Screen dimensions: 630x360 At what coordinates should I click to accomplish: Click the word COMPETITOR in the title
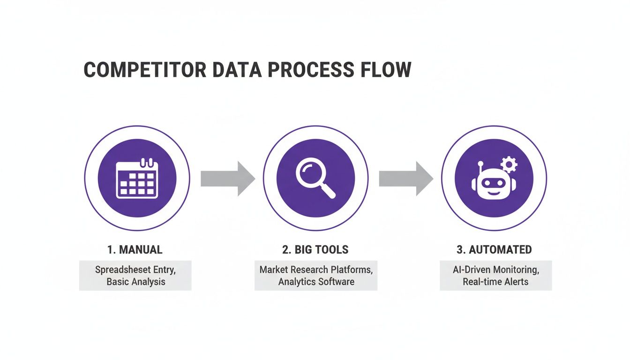coord(145,69)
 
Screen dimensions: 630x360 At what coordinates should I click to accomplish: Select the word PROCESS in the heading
coord(311,69)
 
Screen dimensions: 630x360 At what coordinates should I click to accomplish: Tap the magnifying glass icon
coord(315,178)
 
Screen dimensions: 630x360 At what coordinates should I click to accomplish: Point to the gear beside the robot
coord(509,165)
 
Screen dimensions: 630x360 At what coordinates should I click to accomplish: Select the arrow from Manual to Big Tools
coord(228,179)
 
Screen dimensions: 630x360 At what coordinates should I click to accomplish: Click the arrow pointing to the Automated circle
coord(406,179)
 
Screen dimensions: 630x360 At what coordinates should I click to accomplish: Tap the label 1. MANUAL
coord(135,249)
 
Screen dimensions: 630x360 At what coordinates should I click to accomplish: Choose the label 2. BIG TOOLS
coord(315,249)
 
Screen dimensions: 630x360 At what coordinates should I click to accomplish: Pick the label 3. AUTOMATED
coord(494,249)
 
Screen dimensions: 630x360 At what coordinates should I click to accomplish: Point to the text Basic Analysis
coord(136,282)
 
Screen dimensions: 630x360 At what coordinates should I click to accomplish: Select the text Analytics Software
coord(316,282)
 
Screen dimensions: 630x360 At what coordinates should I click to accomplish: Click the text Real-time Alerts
coord(495,282)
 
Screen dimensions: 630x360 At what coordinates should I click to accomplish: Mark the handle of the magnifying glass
coord(328,191)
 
